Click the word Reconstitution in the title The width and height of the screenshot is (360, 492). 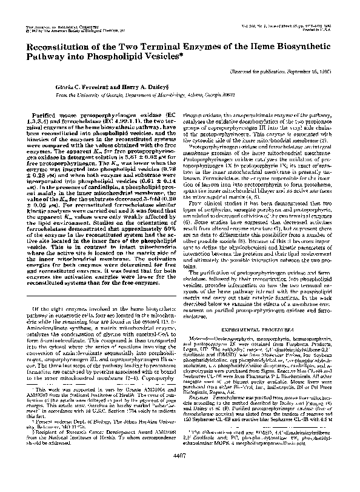pos(54,49)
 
